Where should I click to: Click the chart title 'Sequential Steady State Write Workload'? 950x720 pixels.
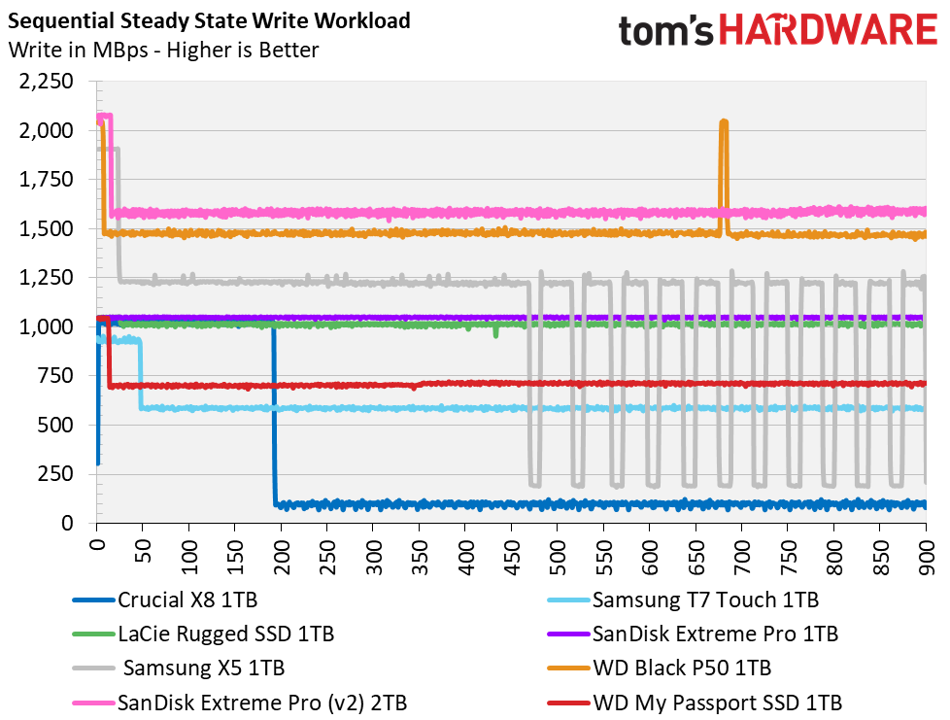209,20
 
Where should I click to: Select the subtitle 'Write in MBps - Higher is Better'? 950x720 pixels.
163,50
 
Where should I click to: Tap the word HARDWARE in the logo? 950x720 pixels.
829,30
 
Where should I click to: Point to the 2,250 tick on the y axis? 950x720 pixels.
46,81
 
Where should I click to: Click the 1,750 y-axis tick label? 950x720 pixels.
46,180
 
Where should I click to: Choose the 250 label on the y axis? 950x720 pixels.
55,474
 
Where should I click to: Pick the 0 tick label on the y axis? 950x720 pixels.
67,524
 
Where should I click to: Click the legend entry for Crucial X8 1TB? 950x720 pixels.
165,600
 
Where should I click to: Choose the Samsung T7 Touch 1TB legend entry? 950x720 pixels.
683,600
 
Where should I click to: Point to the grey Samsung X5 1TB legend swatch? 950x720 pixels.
93,669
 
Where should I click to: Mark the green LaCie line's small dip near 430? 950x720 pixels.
496,332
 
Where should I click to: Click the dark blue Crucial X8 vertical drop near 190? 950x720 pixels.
274,415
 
